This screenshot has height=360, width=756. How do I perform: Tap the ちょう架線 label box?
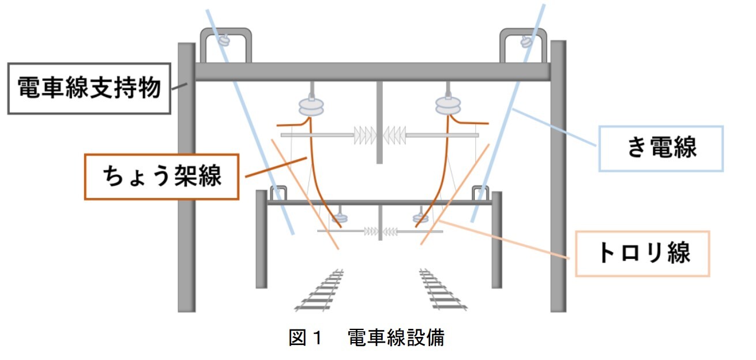(161, 177)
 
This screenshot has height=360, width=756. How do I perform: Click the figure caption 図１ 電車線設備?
(366, 338)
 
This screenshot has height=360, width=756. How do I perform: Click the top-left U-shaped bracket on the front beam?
(225, 43)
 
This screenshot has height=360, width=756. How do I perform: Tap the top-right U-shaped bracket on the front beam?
(522, 43)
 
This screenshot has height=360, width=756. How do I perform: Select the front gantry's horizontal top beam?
(372, 72)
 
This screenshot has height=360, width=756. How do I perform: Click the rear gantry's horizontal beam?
(379, 202)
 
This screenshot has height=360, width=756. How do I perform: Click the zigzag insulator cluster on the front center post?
(379, 135)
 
